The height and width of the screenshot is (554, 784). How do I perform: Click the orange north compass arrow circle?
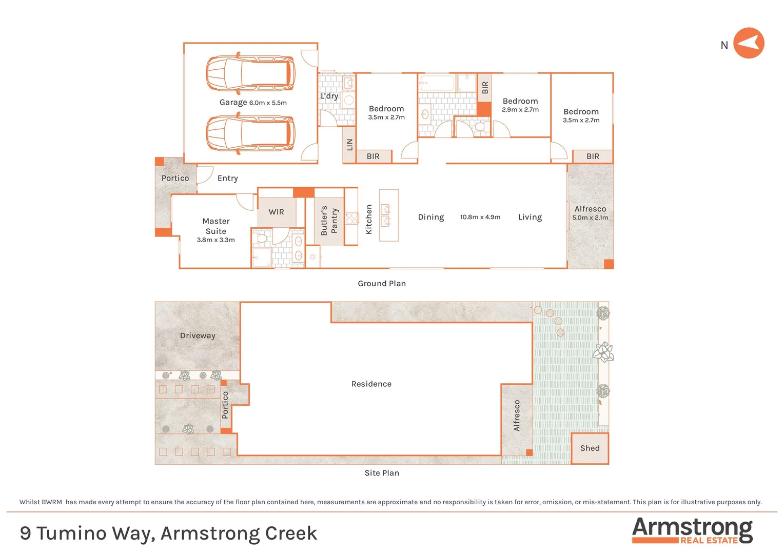tap(749, 43)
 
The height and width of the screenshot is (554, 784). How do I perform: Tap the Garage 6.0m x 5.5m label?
tap(253, 102)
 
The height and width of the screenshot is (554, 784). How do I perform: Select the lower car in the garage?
tap(250, 133)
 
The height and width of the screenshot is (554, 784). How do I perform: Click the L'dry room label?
tap(329, 96)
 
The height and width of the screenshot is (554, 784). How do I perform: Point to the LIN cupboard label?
tap(349, 145)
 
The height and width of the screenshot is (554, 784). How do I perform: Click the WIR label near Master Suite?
tap(276, 212)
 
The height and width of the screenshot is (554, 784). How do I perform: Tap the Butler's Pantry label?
tap(329, 221)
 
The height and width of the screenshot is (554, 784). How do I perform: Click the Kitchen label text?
tap(368, 220)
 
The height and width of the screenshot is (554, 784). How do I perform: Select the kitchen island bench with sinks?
tap(389, 215)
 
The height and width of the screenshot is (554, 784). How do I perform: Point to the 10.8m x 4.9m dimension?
tap(480, 217)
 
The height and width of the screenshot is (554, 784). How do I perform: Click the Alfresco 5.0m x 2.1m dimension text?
tap(590, 217)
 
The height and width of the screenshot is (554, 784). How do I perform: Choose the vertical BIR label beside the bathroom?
tap(485, 88)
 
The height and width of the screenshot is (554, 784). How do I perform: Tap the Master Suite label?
tap(216, 226)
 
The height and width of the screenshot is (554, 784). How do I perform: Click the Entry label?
tap(227, 178)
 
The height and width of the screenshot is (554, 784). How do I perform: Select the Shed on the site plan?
tap(590, 448)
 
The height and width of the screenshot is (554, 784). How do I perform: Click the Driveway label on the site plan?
tap(198, 335)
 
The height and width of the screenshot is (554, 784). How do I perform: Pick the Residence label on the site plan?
tap(371, 384)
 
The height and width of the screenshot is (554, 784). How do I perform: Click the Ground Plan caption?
tap(382, 283)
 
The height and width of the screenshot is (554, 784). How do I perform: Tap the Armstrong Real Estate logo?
tap(692, 530)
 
